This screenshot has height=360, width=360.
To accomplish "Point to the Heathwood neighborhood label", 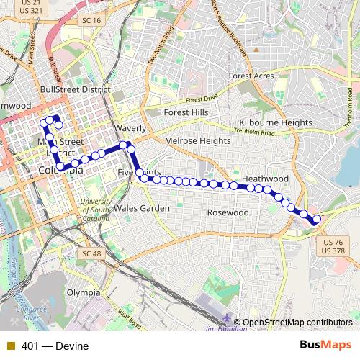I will pos(265,178).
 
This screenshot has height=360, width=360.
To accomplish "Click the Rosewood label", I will pos(228,212).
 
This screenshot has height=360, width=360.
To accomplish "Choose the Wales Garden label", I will pos(142,209).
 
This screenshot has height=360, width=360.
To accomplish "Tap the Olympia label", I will pos(84,293).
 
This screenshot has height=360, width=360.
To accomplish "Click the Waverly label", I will pos(130,128).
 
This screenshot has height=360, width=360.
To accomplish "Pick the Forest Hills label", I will pos(185,113).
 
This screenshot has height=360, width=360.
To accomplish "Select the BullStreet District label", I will pos(76,90).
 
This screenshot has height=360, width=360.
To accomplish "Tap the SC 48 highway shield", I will pos(92,254).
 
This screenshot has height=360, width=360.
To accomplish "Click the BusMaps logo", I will pos(326,346).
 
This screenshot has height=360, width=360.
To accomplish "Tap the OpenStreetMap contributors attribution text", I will pos(297,323).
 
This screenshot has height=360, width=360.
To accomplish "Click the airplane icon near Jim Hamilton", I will pos(228,319).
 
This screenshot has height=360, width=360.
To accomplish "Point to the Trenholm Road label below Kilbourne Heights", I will pos(258,132).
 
